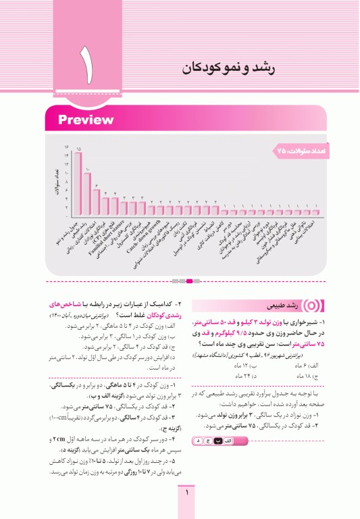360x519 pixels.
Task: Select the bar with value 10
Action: (x=87, y=191)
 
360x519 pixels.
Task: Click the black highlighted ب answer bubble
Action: (x=218, y=441)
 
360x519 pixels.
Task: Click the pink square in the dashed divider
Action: (x=190, y=280)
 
